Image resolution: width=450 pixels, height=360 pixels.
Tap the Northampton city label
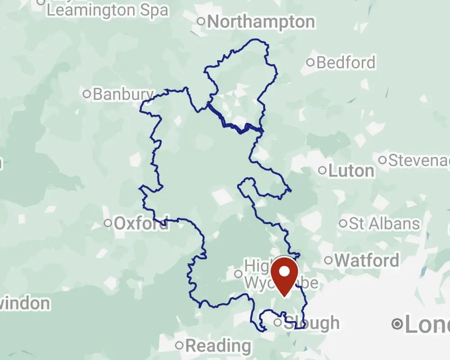[261, 22]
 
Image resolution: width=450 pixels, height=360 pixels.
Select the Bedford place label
[346, 63]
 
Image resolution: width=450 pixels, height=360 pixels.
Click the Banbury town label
[123, 94]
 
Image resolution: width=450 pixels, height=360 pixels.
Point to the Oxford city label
[141, 223]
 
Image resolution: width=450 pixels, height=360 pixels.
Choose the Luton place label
[351, 171]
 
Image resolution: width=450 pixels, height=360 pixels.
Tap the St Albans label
[384, 224]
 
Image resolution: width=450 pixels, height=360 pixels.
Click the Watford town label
[367, 260]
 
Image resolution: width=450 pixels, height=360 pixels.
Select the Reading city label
[218, 346]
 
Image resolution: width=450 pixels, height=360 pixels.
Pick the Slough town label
[311, 323]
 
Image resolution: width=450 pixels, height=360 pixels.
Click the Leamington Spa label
[108, 10]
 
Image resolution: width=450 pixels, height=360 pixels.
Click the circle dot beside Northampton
[201, 21]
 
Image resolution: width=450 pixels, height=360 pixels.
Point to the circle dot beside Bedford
[310, 63]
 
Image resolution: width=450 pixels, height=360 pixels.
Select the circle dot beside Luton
[322, 171]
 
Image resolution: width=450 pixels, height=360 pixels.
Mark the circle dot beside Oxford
[108, 223]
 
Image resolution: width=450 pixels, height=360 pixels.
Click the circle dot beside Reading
[180, 346]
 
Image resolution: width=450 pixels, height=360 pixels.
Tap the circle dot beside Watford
[328, 260]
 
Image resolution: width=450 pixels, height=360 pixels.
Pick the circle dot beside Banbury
[87, 94]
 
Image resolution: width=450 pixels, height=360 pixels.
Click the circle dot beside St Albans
[343, 223]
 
